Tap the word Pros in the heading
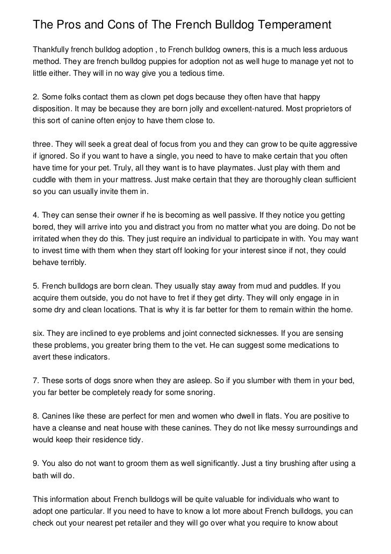pos(67,25)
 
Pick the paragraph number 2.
pos(35,97)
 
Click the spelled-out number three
pos(43,145)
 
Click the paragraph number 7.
pos(35,381)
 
